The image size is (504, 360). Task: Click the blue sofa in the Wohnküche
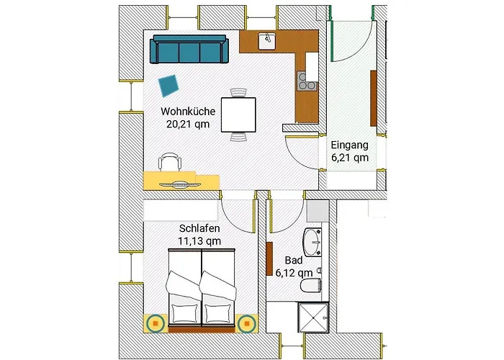click(x=189, y=49)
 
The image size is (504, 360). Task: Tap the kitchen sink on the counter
click(x=267, y=41)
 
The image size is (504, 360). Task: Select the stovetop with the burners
click(x=307, y=81)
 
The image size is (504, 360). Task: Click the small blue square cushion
click(x=168, y=86)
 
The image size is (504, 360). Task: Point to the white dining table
click(x=238, y=114)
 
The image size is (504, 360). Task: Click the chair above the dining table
click(x=238, y=92)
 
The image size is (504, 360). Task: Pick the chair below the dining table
click(x=238, y=137)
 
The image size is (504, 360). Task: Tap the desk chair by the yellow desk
click(x=170, y=161)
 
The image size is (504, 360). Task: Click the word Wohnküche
click(x=188, y=111)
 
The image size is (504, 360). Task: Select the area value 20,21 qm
click(x=188, y=124)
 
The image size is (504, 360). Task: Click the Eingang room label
click(x=350, y=145)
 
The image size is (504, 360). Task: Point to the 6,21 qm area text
click(x=350, y=158)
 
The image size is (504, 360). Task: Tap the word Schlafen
click(x=199, y=228)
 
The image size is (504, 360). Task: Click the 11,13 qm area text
click(x=199, y=240)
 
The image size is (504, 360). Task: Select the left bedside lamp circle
click(x=156, y=323)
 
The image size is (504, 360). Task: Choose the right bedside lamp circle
click(x=247, y=323)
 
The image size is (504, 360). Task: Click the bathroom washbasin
click(x=312, y=242)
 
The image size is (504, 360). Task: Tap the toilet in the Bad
click(x=311, y=285)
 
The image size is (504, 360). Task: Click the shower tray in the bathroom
click(x=313, y=318)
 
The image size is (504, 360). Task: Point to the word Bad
click(x=294, y=260)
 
